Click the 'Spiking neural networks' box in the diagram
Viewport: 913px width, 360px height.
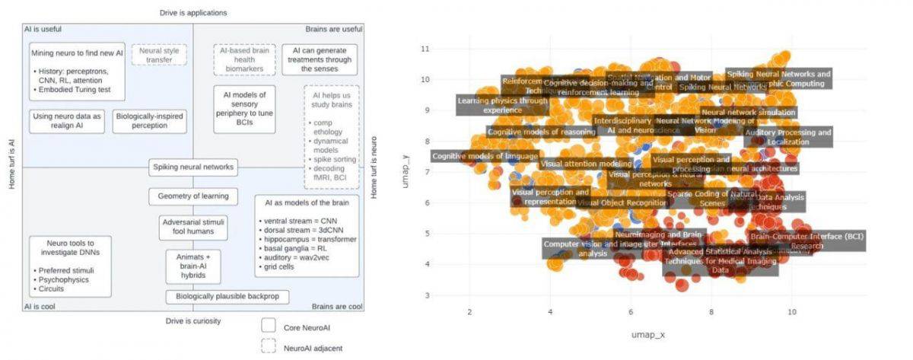tap(193, 167)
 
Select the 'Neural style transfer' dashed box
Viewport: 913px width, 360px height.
tap(154, 56)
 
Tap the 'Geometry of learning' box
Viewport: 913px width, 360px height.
tap(193, 196)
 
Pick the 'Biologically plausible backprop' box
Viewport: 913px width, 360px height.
tap(217, 296)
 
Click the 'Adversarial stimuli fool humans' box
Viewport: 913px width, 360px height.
tap(193, 225)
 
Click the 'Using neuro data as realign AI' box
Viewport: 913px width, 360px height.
tap(66, 121)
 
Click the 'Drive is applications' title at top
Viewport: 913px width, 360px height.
tap(193, 13)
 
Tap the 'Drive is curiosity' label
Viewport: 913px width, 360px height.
tap(193, 321)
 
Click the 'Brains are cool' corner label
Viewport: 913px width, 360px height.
tap(337, 307)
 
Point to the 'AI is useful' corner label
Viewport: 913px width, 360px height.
tap(43, 29)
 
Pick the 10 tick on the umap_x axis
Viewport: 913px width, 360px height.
tap(793, 312)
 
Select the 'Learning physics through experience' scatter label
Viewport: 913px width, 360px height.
tap(502, 105)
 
